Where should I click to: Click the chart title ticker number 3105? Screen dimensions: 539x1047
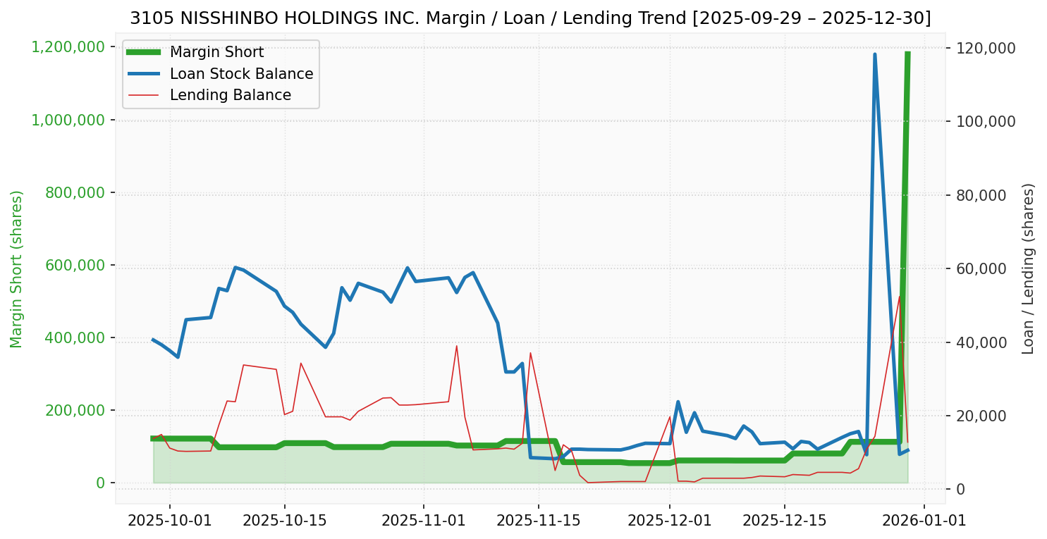point(146,18)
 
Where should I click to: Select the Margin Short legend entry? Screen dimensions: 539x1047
point(216,52)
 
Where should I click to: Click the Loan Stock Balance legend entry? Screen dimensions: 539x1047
point(241,74)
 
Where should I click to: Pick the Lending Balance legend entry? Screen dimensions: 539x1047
point(230,95)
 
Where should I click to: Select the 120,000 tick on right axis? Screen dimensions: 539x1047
point(985,48)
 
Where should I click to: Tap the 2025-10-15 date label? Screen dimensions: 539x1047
point(284,520)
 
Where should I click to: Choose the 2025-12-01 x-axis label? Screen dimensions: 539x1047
point(669,520)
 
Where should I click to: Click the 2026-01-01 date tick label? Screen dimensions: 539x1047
point(924,520)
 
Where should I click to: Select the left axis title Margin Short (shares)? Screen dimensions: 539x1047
point(17,269)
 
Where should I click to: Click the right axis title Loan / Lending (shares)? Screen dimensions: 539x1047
point(1029,269)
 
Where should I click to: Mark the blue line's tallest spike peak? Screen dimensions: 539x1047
point(874,54)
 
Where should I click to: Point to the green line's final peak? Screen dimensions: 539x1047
point(907,53)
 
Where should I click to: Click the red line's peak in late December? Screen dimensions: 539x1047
point(900,296)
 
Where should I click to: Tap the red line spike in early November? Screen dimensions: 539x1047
point(457,345)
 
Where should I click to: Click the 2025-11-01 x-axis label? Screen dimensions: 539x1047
point(424,520)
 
